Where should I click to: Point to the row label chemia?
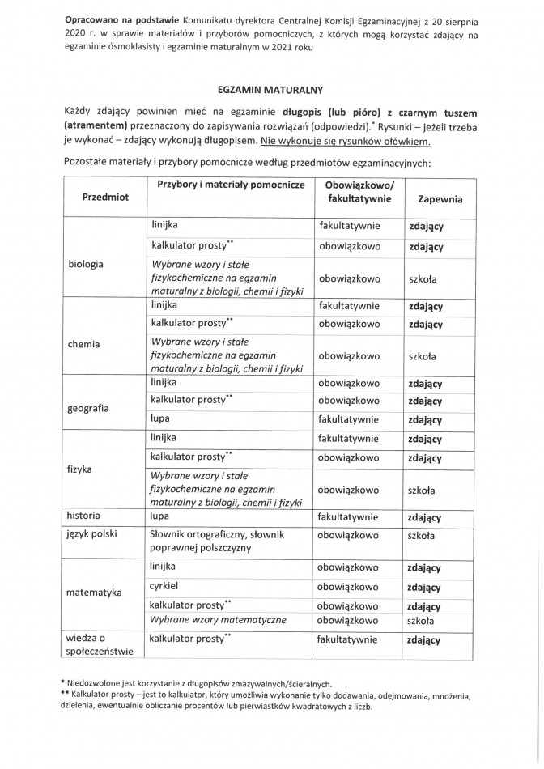(84, 343)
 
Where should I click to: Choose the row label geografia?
(89, 408)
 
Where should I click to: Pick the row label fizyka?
(81, 469)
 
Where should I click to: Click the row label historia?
(84, 516)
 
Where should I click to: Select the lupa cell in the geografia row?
(159, 419)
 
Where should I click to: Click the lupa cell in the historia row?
(159, 516)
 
